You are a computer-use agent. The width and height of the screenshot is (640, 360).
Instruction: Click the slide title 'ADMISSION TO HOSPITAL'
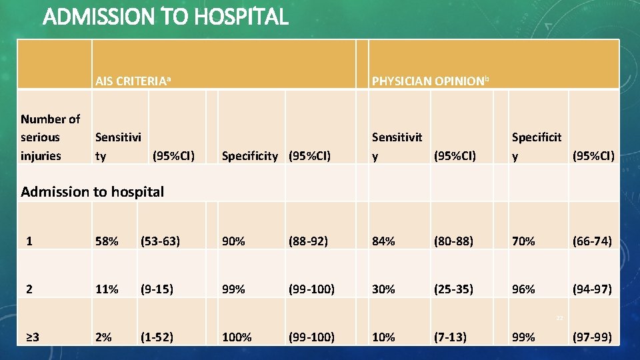point(165,16)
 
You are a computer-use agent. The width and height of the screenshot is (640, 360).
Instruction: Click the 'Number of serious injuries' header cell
point(50,137)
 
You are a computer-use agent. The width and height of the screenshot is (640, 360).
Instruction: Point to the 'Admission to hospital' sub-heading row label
point(92,192)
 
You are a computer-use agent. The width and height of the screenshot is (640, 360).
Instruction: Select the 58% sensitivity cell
point(107,241)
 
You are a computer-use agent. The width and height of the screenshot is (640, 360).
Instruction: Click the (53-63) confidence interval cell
point(159,241)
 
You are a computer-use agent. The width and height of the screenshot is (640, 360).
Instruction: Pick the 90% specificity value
point(233,241)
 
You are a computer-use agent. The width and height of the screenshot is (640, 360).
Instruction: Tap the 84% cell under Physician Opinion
point(383,241)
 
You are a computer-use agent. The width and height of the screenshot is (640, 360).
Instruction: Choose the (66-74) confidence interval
point(591,241)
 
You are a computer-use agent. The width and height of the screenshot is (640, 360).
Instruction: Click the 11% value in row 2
point(107,289)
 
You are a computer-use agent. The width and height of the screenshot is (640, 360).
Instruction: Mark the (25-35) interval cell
point(453,289)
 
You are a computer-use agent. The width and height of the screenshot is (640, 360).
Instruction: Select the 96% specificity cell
point(523,289)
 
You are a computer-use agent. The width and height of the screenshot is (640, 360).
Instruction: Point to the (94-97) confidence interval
point(591,289)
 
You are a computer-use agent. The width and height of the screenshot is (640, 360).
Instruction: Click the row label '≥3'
point(32,337)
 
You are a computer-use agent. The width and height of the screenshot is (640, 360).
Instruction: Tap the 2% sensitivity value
point(103,337)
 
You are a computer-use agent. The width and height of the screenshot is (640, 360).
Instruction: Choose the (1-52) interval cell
point(156,337)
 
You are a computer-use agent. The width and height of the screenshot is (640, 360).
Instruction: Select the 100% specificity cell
point(237,337)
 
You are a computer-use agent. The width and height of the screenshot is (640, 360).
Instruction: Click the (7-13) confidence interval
point(450,337)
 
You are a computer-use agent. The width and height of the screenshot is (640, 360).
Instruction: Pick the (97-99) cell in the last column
point(591,337)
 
